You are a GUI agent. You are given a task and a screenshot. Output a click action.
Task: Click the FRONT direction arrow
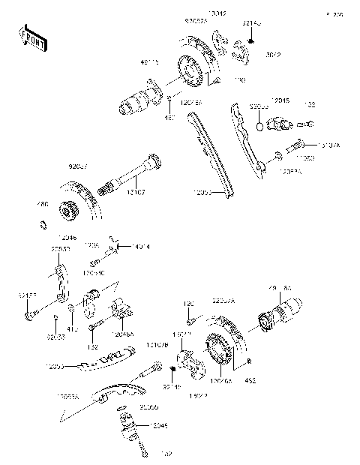[33, 40]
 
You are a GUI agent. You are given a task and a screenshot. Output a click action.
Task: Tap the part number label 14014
[141, 246]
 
